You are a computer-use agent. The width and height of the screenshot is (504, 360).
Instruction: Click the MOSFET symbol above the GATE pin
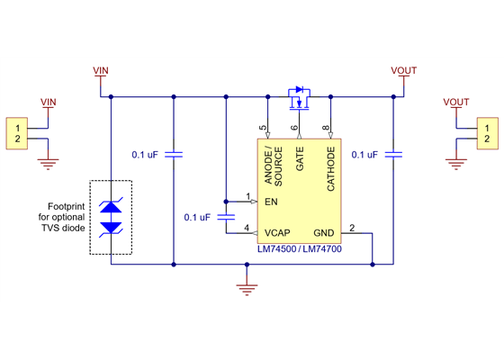coord(298,95)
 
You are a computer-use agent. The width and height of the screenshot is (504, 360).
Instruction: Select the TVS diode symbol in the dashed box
coord(111,218)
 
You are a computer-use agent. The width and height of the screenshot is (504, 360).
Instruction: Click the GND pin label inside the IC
coord(324,231)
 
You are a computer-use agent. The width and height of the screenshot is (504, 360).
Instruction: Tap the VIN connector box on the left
coord(17,134)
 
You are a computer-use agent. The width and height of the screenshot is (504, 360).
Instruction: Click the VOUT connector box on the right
coord(485,134)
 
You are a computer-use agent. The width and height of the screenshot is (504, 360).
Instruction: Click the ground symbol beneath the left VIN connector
coord(49,164)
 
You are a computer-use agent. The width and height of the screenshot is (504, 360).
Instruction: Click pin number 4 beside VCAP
coord(248,228)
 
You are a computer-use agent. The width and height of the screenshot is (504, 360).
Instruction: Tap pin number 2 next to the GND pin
coord(352,228)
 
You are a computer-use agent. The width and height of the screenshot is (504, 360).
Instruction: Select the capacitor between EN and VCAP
coord(227,217)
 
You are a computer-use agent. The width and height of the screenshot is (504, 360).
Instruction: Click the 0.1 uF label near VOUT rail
coord(364,155)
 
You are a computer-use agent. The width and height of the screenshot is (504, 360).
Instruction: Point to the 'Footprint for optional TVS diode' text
coord(67,217)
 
